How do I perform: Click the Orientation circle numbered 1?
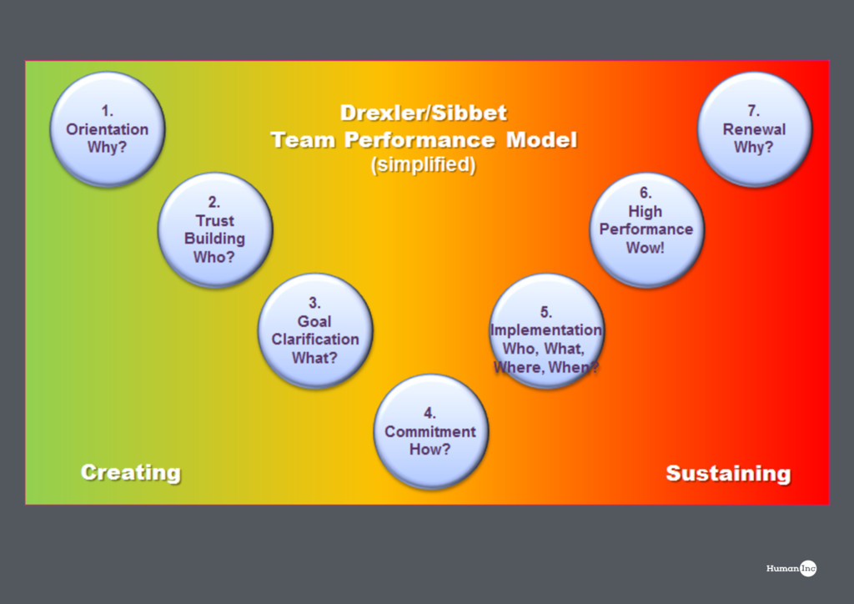click(x=108, y=128)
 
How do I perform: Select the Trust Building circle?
click(x=215, y=229)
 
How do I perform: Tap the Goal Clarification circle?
click(x=314, y=330)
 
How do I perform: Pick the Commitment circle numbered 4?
click(x=430, y=431)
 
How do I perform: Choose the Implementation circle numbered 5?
click(x=546, y=330)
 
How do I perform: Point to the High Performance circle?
click(x=646, y=229)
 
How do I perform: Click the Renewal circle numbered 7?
click(x=754, y=128)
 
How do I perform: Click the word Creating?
click(x=130, y=472)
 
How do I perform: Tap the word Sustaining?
click(x=728, y=473)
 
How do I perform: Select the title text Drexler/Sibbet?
click(x=424, y=113)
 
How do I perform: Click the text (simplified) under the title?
click(x=424, y=165)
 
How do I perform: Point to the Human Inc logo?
click(x=791, y=568)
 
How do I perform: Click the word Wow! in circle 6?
click(x=646, y=248)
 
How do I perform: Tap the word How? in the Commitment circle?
click(x=430, y=450)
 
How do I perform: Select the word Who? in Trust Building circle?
click(x=214, y=257)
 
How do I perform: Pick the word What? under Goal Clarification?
click(x=314, y=358)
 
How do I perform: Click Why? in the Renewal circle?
click(x=754, y=148)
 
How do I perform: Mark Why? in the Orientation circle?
click(x=108, y=148)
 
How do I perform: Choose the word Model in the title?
click(x=541, y=139)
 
